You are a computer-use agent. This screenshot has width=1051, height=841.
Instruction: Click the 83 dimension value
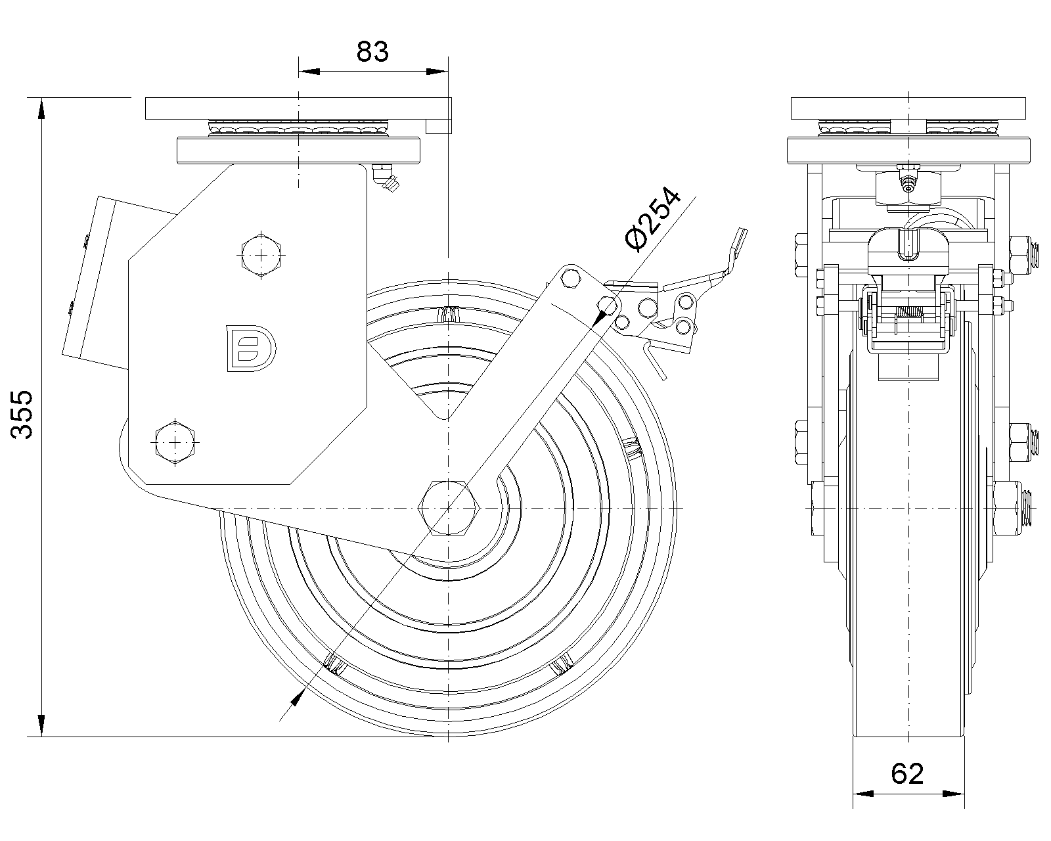point(372,51)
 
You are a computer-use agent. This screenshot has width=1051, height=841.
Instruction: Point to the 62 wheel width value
point(908,773)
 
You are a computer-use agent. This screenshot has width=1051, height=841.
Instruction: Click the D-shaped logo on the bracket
point(251,347)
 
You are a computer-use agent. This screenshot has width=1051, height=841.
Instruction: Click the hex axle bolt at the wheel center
point(449,508)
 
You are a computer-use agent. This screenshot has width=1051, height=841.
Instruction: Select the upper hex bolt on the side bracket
point(261,254)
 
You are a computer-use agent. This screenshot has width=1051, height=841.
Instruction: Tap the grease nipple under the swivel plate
point(385,179)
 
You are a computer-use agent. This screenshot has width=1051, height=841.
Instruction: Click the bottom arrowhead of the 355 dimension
point(42,728)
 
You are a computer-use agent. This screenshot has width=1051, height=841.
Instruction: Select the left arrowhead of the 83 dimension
point(308,70)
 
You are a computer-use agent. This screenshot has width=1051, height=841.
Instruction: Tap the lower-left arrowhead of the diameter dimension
point(295,699)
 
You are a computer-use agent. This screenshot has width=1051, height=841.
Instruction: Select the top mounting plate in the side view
point(298,108)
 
